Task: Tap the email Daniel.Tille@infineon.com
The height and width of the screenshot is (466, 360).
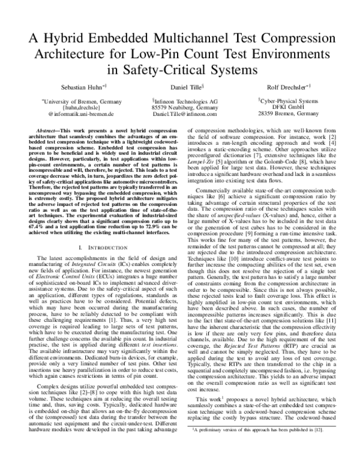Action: click(x=184, y=113)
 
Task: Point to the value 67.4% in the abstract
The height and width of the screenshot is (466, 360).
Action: click(x=32, y=239)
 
